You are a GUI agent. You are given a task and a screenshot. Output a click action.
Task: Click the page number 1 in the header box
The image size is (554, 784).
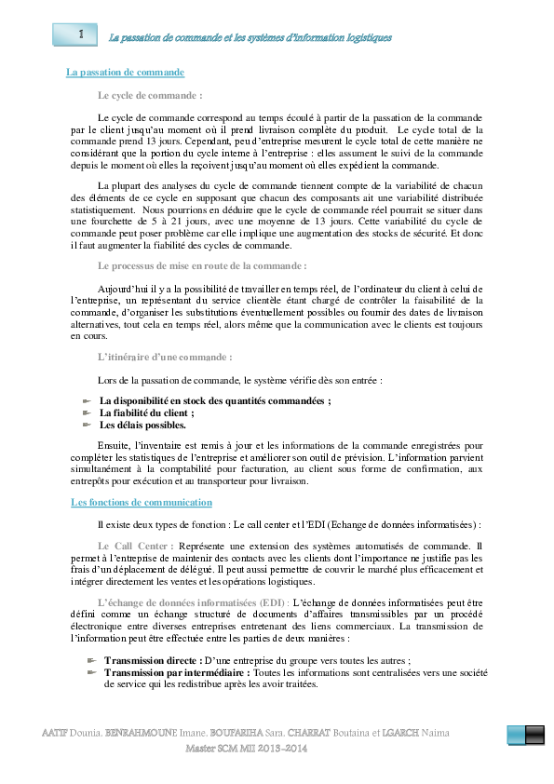pyautogui.click(x=81, y=34)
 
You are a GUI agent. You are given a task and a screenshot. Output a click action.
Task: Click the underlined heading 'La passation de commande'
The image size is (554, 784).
pyautogui.click(x=125, y=72)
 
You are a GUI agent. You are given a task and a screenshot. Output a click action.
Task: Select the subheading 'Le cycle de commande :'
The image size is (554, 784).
pyautogui.click(x=150, y=95)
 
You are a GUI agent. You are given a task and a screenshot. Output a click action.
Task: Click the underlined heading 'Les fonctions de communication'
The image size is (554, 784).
pyautogui.click(x=142, y=502)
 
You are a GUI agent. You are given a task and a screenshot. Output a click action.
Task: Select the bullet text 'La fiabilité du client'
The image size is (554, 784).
pyautogui.click(x=147, y=412)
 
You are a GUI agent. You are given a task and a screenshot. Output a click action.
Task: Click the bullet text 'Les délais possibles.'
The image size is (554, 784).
pyautogui.click(x=143, y=425)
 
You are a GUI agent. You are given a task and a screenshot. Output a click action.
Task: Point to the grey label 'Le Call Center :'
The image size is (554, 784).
pyautogui.click(x=135, y=545)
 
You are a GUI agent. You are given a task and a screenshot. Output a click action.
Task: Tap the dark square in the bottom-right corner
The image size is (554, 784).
pyautogui.click(x=534, y=735)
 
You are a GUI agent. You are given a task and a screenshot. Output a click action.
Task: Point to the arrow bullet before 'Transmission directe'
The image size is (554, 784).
pyautogui.click(x=92, y=659)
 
